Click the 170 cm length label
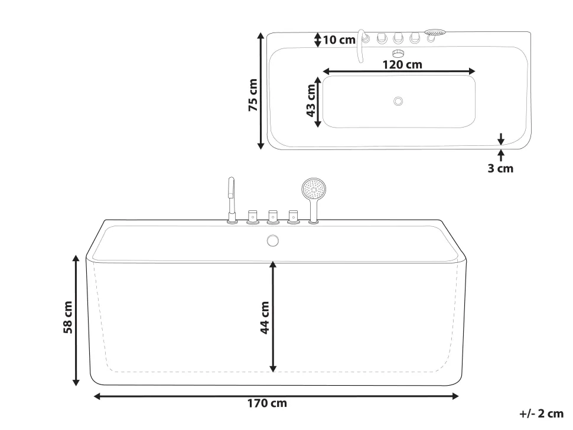(266, 404)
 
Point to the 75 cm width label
(253, 95)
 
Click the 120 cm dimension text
(402, 64)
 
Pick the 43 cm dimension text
(311, 100)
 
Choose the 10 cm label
(340, 40)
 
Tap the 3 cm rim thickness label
(500, 168)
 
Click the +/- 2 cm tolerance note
(542, 414)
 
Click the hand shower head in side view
(313, 190)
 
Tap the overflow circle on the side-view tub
(272, 240)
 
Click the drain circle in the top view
(398, 101)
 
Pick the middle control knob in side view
(272, 216)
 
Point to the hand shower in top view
(434, 34)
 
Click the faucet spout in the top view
(360, 44)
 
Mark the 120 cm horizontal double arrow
(399, 71)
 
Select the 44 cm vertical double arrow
(273, 317)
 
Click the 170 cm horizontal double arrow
(276, 396)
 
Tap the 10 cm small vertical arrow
(318, 40)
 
